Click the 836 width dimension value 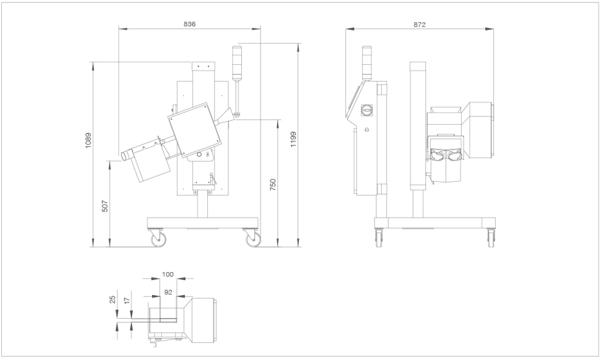(x=190, y=24)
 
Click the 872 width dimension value (x=419, y=24)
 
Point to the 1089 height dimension (x=88, y=141)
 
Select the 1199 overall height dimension (x=293, y=139)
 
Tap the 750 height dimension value (x=273, y=185)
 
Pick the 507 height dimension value (x=105, y=206)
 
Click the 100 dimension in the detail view (x=168, y=275)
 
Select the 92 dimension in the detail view (x=168, y=292)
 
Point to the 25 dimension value (x=113, y=299)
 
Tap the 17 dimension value (x=128, y=300)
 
